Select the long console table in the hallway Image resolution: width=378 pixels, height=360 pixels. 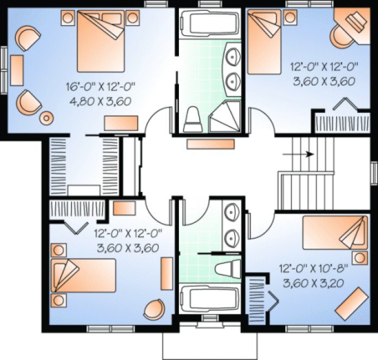click(x=210, y=144)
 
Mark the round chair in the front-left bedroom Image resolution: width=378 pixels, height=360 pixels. click(x=153, y=309)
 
